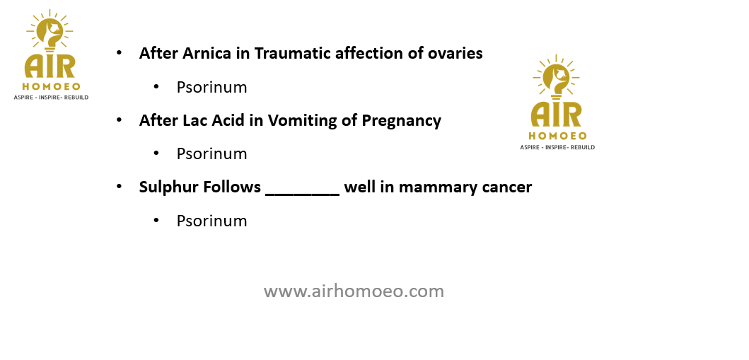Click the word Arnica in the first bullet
pyautogui.click(x=207, y=53)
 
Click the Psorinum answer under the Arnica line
pyautogui.click(x=211, y=87)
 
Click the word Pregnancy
pyautogui.click(x=401, y=120)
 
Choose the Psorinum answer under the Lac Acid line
pyautogui.click(x=211, y=153)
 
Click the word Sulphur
pyautogui.click(x=168, y=187)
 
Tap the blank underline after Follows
pyautogui.click(x=303, y=194)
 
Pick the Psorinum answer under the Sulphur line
pyautogui.click(x=211, y=221)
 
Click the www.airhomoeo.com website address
pyautogui.click(x=354, y=291)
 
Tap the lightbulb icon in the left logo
pyautogui.click(x=50, y=30)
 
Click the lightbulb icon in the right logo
pyautogui.click(x=556, y=76)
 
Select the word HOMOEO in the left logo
pyautogui.click(x=51, y=87)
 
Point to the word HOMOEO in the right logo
pyautogui.click(x=557, y=136)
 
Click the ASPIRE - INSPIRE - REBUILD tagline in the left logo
pyautogui.click(x=51, y=98)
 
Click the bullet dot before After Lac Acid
pyautogui.click(x=120, y=120)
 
